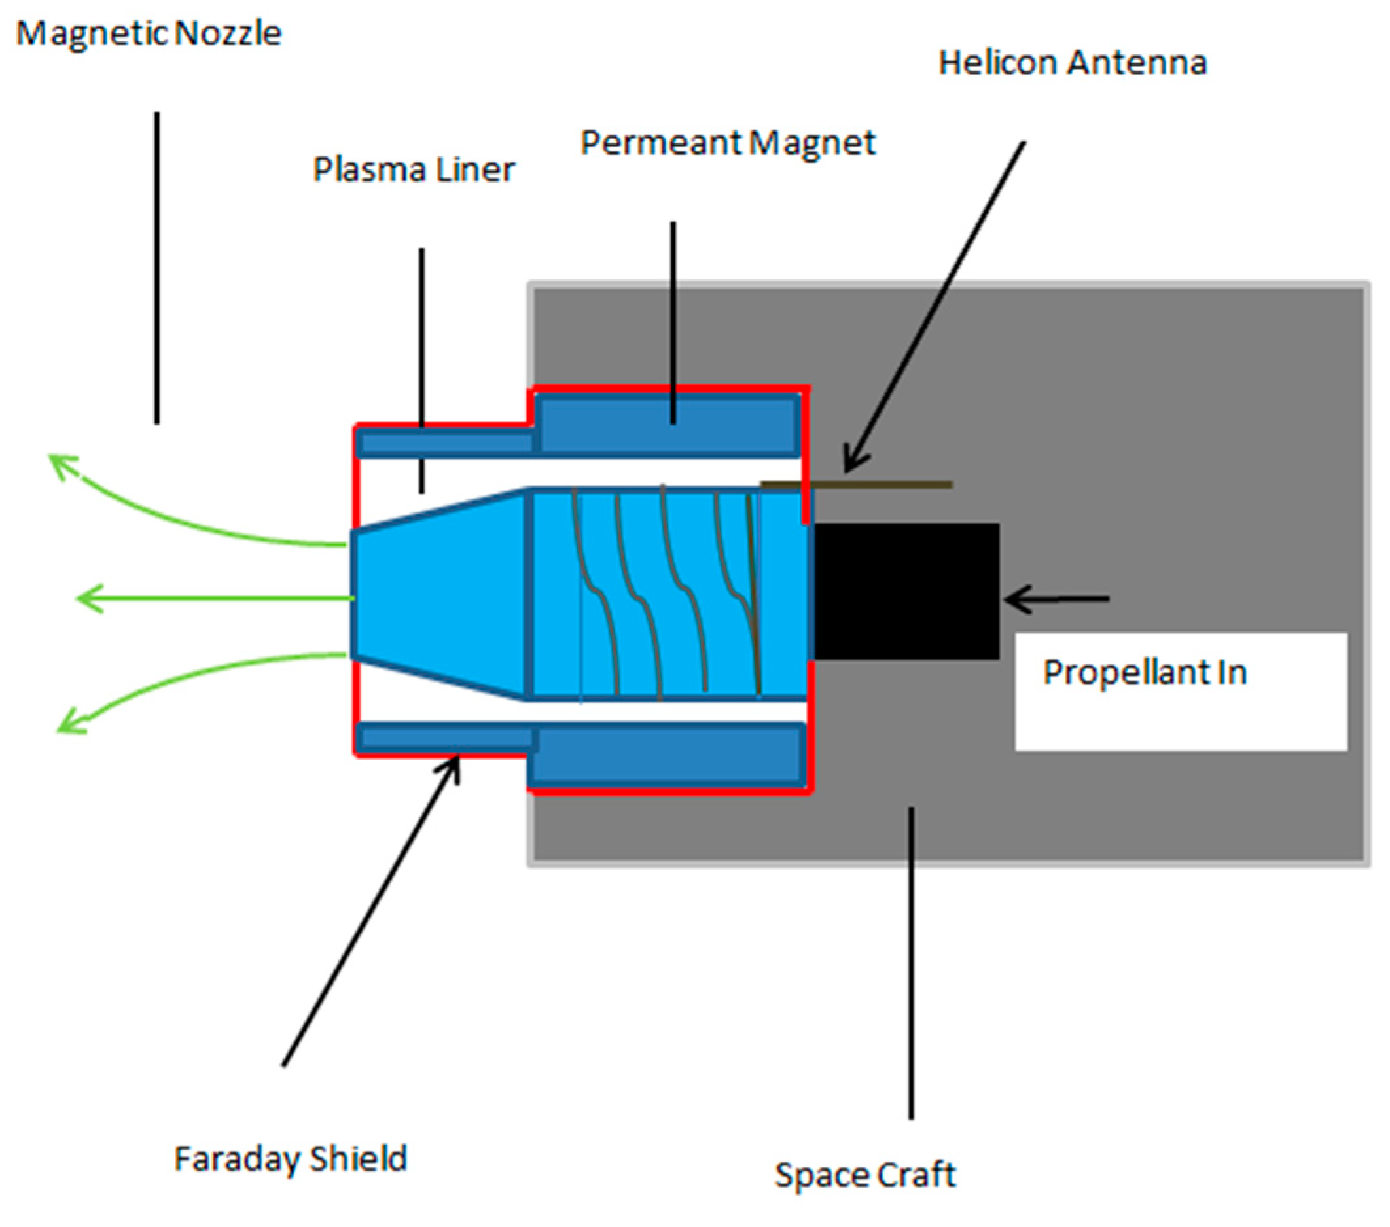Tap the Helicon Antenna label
pos(1073,63)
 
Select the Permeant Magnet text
pos(728,143)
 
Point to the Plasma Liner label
pos(414,170)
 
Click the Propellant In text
pos(1145,673)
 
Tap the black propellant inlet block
pos(906,591)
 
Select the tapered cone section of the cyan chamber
pos(438,595)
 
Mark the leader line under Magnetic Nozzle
pos(157,269)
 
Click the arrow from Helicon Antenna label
pos(935,306)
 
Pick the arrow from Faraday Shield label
pos(370,912)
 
